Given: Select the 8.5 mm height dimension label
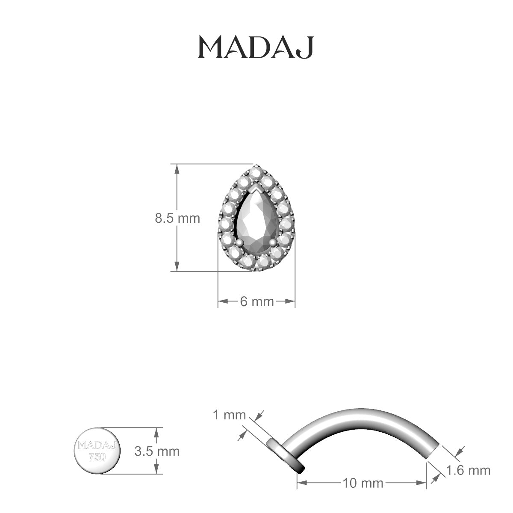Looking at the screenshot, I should [x=177, y=218].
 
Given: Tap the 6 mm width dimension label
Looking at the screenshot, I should [x=256, y=301].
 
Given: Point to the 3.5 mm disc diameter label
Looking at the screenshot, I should [x=157, y=451].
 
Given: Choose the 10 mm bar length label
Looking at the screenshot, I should [x=363, y=484].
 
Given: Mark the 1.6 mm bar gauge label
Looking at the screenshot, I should [x=468, y=471].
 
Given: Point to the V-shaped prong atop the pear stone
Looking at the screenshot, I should [x=256, y=189].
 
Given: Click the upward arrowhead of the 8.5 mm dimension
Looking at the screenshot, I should [x=176, y=168].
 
